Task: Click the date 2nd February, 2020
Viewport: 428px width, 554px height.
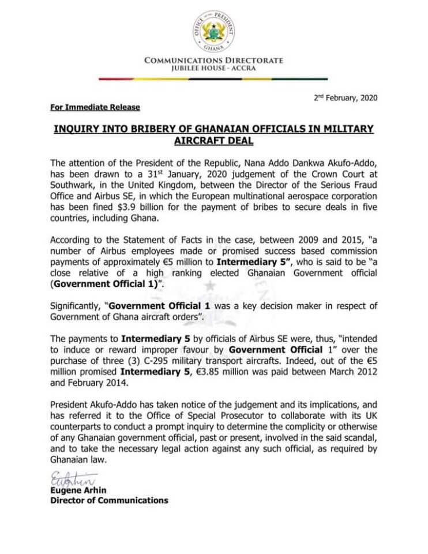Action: (x=345, y=98)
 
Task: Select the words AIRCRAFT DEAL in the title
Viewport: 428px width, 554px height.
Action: (x=213, y=140)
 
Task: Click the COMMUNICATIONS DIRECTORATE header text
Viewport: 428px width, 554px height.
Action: (x=213, y=60)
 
